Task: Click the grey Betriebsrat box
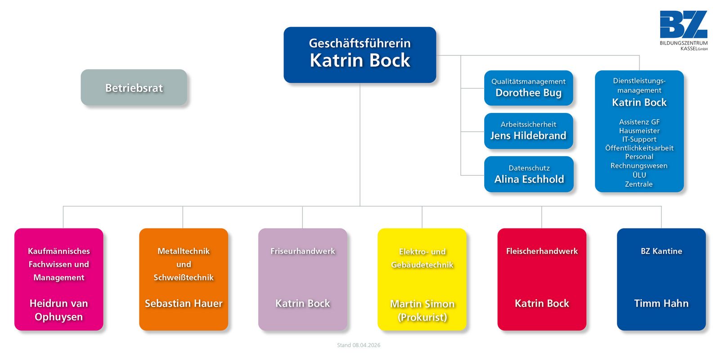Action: coord(134,88)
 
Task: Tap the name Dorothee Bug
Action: coord(528,93)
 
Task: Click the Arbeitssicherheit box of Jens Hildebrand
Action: coord(528,130)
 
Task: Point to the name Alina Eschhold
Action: coord(529,179)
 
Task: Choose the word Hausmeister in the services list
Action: coord(639,131)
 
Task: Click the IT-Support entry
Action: coord(639,139)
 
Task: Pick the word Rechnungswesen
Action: coord(639,166)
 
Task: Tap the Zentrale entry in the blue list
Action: coord(639,184)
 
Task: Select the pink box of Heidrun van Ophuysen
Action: coord(59,279)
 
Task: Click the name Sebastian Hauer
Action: coord(184,303)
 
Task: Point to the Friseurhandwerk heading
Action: coord(302,251)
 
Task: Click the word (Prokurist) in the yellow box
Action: coord(422,317)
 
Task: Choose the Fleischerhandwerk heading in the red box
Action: coord(542,251)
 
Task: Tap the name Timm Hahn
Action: coord(661,303)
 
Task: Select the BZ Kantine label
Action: coord(661,251)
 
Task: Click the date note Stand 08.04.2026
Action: coord(359,345)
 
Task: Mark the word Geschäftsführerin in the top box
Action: coord(360,43)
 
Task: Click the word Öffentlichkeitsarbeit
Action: coord(639,148)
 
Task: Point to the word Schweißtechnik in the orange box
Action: coord(184,278)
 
